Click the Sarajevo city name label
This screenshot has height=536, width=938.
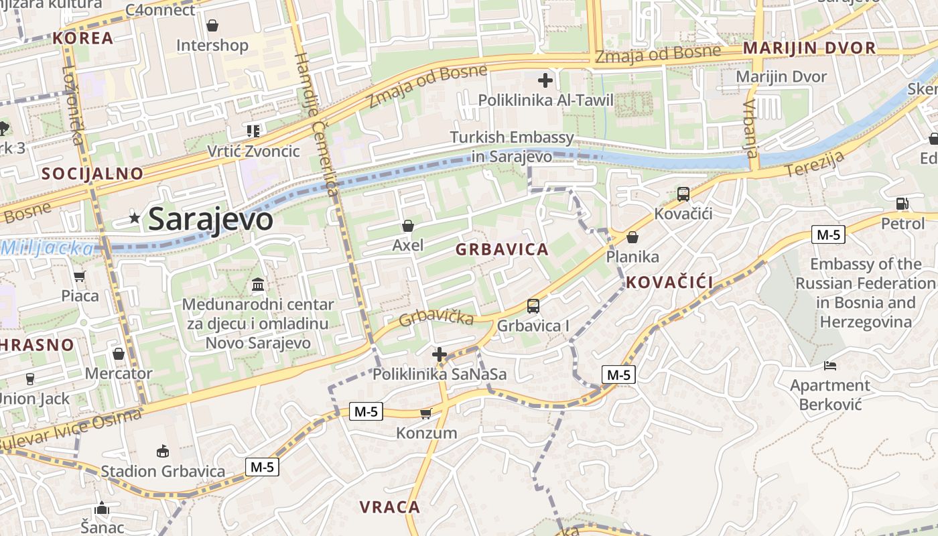[210, 219]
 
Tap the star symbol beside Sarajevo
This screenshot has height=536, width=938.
[135, 218]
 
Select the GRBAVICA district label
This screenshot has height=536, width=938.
[502, 250]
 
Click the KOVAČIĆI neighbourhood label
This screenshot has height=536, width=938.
[669, 282]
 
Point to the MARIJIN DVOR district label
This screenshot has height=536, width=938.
[809, 48]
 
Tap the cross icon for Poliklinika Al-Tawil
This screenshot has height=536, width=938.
[545, 81]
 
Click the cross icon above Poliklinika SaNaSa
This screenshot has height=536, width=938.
[440, 354]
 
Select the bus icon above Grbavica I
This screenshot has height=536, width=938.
[533, 306]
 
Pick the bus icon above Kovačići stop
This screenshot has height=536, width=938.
[683, 194]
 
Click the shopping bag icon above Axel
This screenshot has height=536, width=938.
[408, 226]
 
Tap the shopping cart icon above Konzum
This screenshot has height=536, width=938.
[425, 413]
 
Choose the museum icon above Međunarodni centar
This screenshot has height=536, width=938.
[258, 285]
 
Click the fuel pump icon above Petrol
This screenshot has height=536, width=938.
[902, 203]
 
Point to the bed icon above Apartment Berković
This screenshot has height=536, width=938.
[830, 366]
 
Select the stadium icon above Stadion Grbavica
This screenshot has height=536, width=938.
[163, 451]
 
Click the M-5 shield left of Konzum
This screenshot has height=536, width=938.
[366, 411]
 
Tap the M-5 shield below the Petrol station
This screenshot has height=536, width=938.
[829, 234]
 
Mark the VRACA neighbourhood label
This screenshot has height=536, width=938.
[389, 507]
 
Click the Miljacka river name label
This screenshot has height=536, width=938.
[47, 249]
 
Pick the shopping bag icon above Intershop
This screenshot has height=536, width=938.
[212, 25]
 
